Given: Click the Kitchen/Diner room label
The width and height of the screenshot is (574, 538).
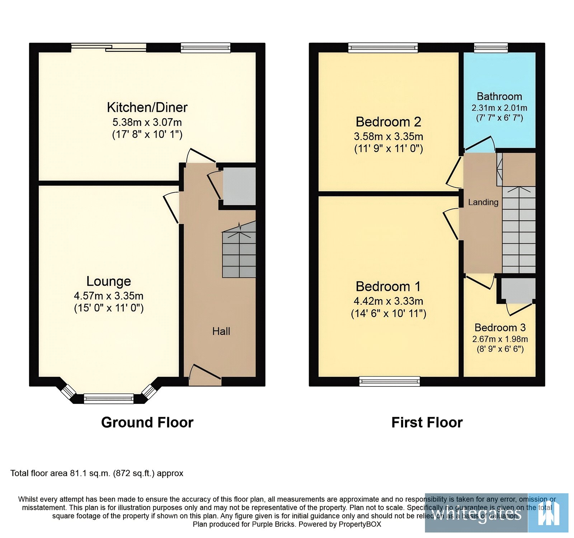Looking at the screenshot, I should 147,108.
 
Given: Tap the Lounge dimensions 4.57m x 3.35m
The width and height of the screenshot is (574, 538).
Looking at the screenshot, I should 109,296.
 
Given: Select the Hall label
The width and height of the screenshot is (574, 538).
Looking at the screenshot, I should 221,331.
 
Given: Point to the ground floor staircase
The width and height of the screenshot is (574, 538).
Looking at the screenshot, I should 239,251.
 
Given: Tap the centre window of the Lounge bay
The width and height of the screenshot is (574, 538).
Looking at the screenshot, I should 109,398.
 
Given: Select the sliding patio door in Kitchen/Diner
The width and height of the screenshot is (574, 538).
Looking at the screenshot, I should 109,48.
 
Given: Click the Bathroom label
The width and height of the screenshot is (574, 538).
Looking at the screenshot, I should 499,96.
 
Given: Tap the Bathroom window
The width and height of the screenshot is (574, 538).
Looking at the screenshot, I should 491,47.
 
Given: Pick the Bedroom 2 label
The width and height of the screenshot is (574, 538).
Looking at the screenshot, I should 388,122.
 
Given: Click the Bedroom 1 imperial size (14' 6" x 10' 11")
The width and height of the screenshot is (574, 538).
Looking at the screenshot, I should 389,314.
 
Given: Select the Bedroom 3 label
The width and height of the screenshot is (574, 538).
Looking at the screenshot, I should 500,328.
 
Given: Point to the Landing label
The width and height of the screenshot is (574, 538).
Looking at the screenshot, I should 483,202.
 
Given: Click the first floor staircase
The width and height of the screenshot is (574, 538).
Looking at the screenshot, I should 519,229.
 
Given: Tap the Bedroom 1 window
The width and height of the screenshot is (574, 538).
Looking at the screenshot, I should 389,381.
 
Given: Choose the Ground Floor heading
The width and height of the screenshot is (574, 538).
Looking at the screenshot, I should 147,423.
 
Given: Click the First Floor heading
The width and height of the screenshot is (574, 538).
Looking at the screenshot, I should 427,423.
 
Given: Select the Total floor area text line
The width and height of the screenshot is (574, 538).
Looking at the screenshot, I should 97,473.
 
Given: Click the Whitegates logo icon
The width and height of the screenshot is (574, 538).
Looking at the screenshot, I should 548,513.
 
